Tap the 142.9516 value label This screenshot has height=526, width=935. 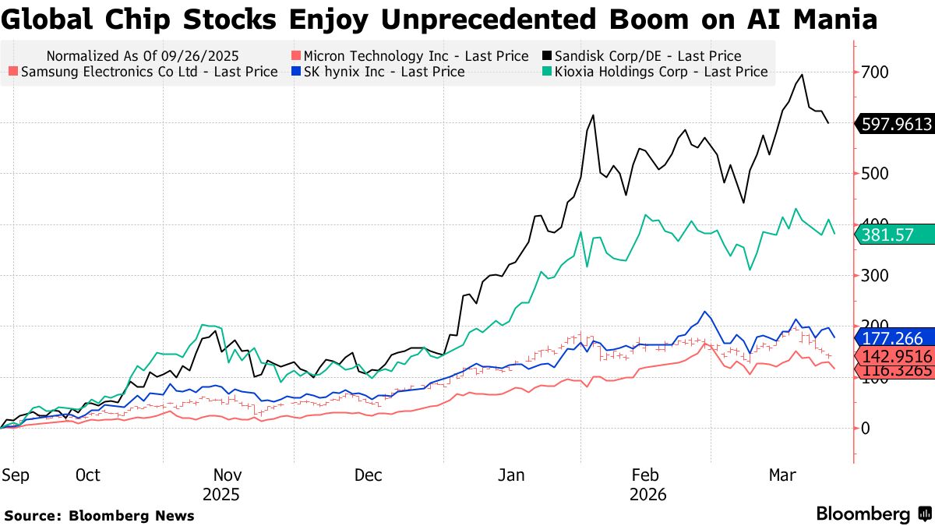(895, 356)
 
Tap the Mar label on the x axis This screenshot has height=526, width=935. (783, 475)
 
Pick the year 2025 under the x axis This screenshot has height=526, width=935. (221, 495)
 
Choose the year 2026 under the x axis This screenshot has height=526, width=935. (647, 495)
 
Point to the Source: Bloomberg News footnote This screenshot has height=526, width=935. (100, 515)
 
